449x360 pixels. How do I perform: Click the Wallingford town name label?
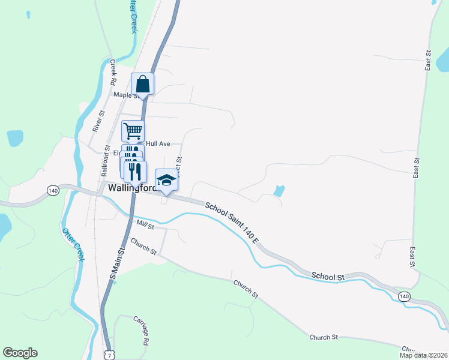(132, 188)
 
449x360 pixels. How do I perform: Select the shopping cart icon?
(133, 130)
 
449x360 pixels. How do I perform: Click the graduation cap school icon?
(167, 179)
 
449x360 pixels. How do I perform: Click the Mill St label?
(145, 226)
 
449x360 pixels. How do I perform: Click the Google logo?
(20, 353)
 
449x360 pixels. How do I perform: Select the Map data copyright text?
(423, 355)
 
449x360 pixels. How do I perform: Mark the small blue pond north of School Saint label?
(279, 191)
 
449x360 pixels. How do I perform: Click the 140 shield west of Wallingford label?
(53, 191)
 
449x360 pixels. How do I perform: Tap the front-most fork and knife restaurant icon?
(136, 172)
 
